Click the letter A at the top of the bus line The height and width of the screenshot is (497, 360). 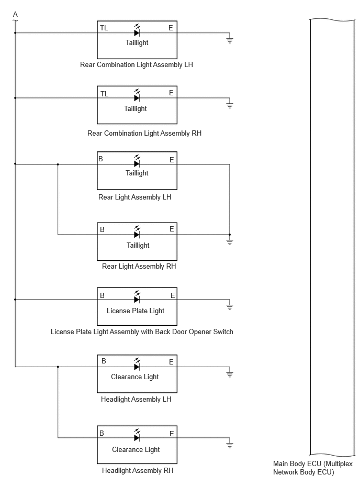(x=15, y=15)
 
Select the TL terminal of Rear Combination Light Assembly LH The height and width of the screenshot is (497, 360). (x=104, y=28)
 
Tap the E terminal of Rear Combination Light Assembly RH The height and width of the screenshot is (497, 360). (x=171, y=93)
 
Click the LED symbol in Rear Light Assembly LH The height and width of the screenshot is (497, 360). (x=137, y=162)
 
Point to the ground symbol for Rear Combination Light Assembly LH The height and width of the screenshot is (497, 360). (x=230, y=40)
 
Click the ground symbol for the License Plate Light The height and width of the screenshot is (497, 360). (x=230, y=306)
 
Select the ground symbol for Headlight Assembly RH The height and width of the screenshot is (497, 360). (x=230, y=445)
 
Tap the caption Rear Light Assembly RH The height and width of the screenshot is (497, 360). (x=139, y=266)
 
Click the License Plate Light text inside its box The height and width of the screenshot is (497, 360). (x=136, y=311)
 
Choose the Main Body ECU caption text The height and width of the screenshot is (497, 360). (x=313, y=468)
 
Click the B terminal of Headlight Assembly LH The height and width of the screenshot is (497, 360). (x=104, y=361)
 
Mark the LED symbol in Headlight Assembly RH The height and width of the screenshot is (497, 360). (x=137, y=436)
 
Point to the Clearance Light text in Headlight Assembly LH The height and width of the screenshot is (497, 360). (x=135, y=377)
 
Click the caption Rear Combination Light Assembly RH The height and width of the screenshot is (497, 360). (x=144, y=133)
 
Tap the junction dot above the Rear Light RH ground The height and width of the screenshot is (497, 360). (x=230, y=235)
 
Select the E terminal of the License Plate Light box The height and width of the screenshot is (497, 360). (x=173, y=296)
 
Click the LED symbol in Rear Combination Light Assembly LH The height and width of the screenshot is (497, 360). (x=137, y=31)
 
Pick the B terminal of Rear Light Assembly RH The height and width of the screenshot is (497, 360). (x=102, y=229)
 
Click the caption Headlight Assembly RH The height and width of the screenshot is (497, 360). (x=138, y=471)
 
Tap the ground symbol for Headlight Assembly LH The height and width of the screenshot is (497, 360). (x=230, y=374)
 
